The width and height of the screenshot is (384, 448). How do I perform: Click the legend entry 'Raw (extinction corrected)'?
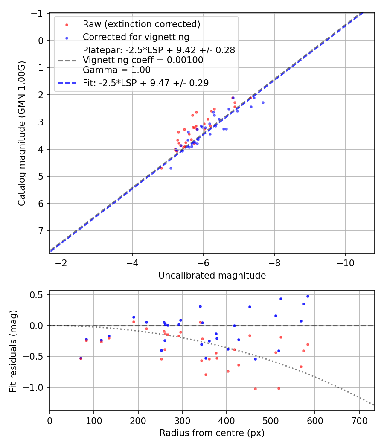[x=141, y=24]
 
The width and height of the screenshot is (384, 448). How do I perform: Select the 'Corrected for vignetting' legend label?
[x=136, y=37]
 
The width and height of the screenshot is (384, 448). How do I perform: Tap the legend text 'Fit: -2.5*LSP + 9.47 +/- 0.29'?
[x=146, y=83]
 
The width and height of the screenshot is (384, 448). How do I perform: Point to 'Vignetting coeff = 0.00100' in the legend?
[x=143, y=60]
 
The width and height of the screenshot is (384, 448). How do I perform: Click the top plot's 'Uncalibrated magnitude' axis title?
[x=212, y=276]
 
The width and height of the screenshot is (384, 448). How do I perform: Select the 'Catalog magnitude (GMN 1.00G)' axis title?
[x=22, y=134]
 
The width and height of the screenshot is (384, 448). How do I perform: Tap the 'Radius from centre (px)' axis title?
[x=212, y=433]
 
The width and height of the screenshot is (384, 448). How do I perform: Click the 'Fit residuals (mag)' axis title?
[x=13, y=351]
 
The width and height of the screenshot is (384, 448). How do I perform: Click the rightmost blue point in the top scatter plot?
[x=263, y=102]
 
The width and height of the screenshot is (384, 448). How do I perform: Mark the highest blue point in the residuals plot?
[x=308, y=296]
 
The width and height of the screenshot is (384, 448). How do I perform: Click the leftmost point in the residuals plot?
[x=81, y=358]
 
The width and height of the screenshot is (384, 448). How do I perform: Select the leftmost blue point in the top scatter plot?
[x=171, y=168]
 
